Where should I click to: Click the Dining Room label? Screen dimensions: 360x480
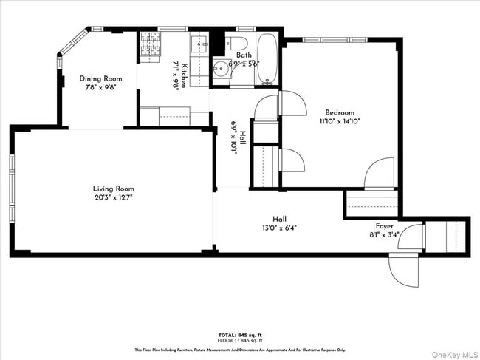click(x=101, y=78)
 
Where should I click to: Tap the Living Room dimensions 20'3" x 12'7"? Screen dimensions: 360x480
click(x=113, y=197)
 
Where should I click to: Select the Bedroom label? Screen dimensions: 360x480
click(x=340, y=112)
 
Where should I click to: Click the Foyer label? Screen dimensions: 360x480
click(x=385, y=226)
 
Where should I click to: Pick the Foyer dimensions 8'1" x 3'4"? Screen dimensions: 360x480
click(x=385, y=235)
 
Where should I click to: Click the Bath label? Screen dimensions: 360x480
click(x=244, y=55)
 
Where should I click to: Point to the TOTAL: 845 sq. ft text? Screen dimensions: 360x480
click(x=240, y=334)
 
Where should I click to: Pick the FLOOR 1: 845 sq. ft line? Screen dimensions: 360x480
click(x=240, y=340)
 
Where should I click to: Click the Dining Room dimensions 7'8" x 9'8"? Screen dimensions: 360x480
click(x=101, y=87)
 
